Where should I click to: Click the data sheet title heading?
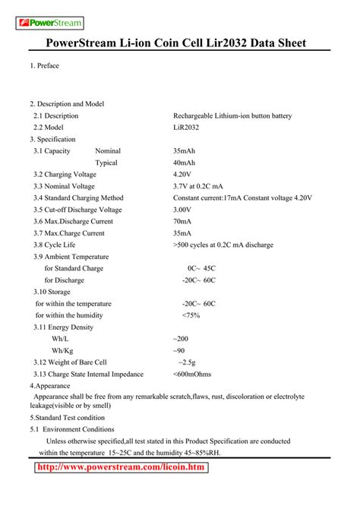pos(176,43)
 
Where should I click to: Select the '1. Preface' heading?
pos(45,66)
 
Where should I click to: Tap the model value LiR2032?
pos(188,128)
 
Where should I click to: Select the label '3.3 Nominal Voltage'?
pos(64,186)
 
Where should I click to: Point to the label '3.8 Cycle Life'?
pos(55,245)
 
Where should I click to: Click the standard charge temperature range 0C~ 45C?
pos(201,268)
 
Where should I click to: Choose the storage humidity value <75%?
pos(191,315)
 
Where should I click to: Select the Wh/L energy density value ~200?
pos(180,339)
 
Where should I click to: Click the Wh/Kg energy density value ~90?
pos(178,350)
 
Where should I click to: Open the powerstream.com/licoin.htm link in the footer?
pos(122,468)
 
